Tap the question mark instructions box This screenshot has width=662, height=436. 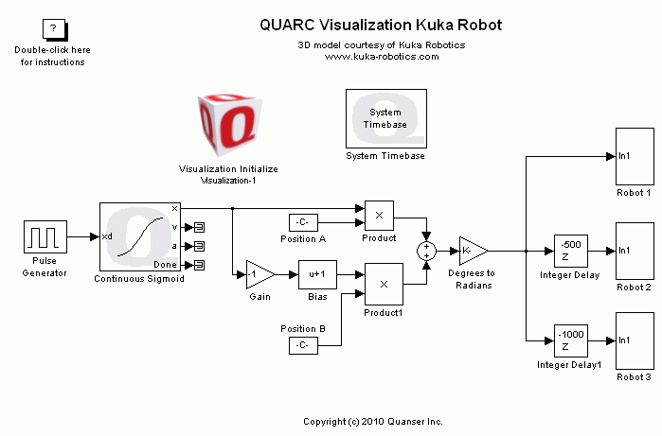[x=53, y=31]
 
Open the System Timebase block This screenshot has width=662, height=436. [x=384, y=118]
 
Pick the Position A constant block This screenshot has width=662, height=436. [x=302, y=222]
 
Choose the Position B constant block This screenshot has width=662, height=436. [x=302, y=345]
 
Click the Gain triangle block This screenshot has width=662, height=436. [x=259, y=274]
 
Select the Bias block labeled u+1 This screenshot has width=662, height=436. [x=316, y=274]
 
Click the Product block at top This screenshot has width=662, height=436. [x=379, y=216]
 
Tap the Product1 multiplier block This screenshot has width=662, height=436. [x=384, y=283]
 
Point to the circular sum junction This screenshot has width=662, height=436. [x=427, y=251]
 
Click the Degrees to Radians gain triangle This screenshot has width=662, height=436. [x=472, y=251]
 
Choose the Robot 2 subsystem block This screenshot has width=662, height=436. [x=634, y=251]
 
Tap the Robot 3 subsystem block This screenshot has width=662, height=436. [x=634, y=340]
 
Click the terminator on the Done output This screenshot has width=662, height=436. [x=200, y=265]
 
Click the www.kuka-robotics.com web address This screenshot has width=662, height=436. [x=382, y=57]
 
